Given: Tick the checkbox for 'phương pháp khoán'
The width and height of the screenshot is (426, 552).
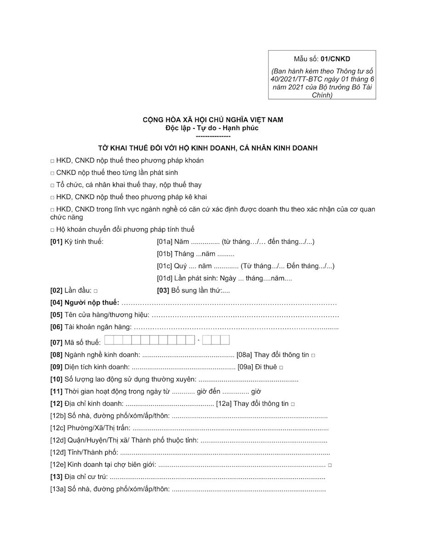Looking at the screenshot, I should point(52,161).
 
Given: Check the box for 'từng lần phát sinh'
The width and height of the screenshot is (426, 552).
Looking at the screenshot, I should point(52,173).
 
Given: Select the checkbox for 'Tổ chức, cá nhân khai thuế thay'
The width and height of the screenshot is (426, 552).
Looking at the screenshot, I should point(52,185).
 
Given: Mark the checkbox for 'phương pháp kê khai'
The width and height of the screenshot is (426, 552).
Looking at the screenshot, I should point(52,198).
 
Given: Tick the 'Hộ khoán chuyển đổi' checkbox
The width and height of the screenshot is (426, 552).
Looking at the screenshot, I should point(52,230).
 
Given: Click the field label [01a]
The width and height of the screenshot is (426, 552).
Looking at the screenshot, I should point(165,242).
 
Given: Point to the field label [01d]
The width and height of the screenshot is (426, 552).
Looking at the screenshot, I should point(165,278).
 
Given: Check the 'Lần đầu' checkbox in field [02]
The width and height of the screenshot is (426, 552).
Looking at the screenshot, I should point(96,291).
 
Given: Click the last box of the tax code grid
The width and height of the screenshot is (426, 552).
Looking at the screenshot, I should point(225,340).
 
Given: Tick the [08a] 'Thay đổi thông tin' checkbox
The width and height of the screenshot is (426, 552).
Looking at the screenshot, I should point(313,356).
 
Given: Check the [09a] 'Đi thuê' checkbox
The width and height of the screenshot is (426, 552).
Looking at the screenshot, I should point(281,368).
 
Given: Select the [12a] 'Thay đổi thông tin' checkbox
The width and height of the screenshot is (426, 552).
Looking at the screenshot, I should point(293,404).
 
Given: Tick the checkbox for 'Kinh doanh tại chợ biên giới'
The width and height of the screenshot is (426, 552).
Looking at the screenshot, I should point(330,466).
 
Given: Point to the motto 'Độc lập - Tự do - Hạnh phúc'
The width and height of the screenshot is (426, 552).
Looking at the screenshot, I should point(213,128).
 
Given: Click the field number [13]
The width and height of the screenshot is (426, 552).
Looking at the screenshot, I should point(56,477).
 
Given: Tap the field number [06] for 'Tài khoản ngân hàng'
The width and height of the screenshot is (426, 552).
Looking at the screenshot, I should point(56,327).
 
